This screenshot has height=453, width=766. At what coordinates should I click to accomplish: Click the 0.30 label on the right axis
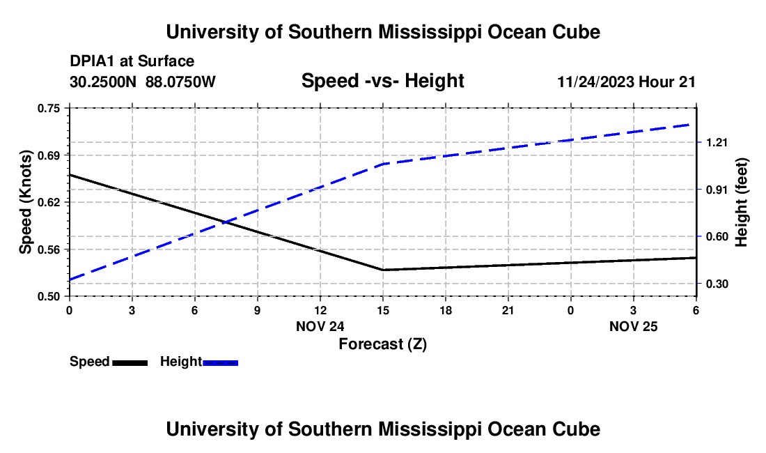[717, 284]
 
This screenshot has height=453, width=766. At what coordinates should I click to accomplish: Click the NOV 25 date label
[634, 326]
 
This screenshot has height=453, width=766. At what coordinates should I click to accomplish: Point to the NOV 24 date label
[320, 326]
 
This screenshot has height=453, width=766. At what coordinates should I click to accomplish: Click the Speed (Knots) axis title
[26, 202]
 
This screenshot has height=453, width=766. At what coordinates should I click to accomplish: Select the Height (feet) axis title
[741, 202]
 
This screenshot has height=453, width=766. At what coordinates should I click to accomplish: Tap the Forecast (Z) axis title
[382, 344]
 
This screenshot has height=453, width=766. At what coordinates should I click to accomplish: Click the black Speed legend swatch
[130, 362]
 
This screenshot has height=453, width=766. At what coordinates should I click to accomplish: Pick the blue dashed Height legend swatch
[220, 362]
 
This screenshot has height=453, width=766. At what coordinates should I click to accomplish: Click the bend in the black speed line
[383, 270]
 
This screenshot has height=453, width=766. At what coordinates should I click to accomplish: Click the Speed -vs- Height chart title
[382, 82]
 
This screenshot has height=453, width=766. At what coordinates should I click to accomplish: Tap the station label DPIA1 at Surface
[132, 62]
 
